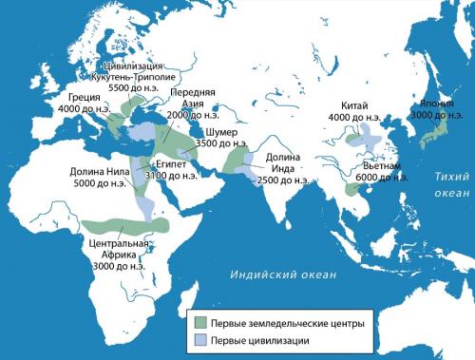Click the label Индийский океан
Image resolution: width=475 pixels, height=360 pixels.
(x=283, y=275)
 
